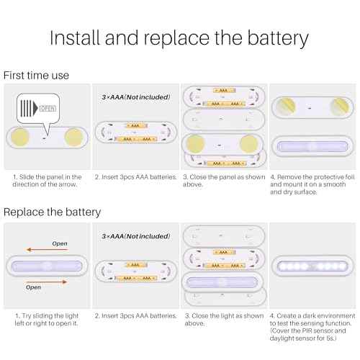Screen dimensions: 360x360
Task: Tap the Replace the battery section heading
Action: point(52,212)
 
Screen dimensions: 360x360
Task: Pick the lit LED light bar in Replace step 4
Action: point(312,266)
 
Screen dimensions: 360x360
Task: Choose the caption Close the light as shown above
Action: point(223,319)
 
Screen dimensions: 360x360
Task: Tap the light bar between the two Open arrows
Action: point(47,266)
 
